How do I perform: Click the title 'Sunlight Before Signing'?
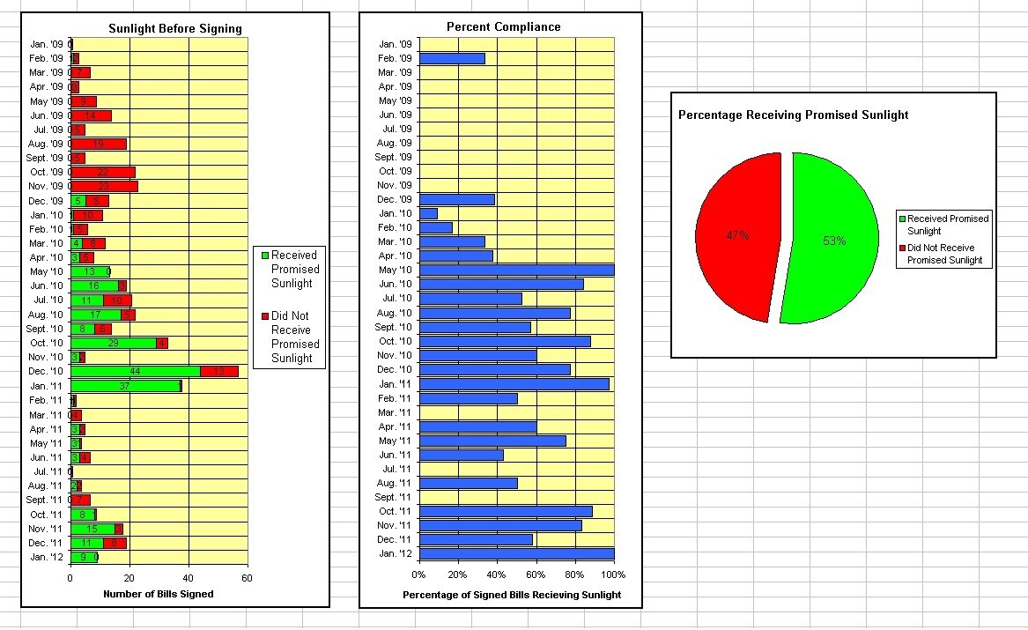[x=175, y=28]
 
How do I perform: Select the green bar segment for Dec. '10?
[x=135, y=371]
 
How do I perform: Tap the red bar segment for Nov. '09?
[x=104, y=186]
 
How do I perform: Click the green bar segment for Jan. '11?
[x=125, y=385]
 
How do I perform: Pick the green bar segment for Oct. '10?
[x=113, y=343]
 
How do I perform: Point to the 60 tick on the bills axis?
[x=247, y=578]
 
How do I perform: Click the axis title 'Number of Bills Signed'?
[x=159, y=594]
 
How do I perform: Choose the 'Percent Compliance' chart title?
[x=504, y=26]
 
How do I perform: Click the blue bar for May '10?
[x=516, y=270]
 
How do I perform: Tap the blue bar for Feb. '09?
[x=452, y=58]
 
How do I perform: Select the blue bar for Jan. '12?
[x=516, y=554]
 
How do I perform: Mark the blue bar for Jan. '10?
[x=428, y=213]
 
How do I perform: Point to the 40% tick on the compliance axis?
[x=497, y=574]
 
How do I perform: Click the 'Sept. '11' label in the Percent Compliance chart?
[x=394, y=497]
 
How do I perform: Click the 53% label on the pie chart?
[x=834, y=241]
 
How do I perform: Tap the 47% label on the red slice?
[x=737, y=235]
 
